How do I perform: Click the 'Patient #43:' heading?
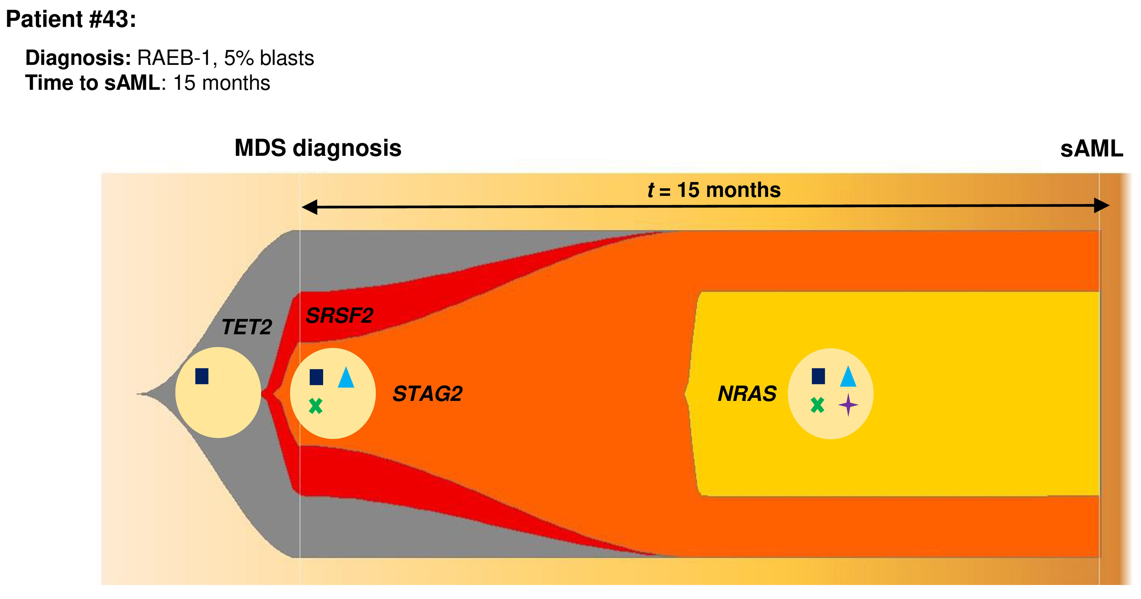[71, 19]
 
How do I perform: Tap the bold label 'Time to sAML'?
[92, 83]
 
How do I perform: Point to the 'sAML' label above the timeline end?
[1091, 149]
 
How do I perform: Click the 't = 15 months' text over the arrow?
[713, 190]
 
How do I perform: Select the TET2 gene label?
[246, 327]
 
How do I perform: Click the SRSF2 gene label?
[339, 316]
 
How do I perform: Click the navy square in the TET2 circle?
[202, 376]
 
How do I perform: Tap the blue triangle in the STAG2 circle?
[346, 378]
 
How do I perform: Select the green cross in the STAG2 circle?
[315, 405]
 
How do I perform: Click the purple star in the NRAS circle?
[848, 405]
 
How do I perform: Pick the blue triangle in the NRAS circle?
[848, 377]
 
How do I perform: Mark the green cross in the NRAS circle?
[817, 405]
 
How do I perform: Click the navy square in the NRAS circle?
[818, 376]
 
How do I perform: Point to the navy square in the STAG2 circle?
[316, 377]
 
